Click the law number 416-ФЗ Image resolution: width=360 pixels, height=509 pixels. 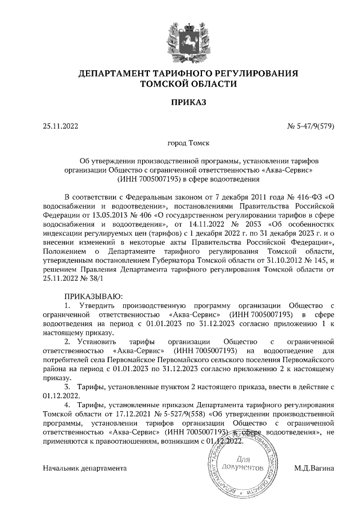[304, 196]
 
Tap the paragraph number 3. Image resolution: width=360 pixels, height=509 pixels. [68, 387]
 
